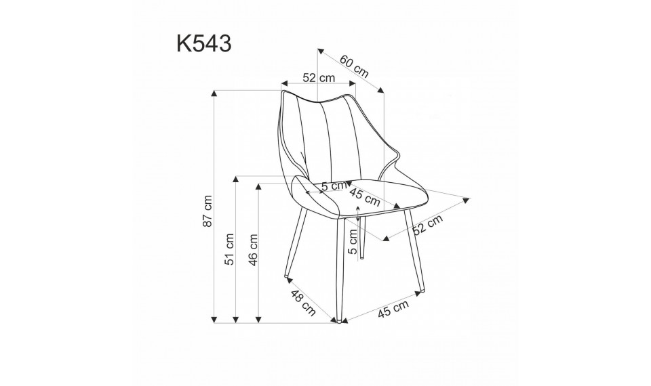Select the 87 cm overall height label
point(209,211)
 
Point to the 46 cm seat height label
point(254,250)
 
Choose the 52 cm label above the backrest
point(319,78)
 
